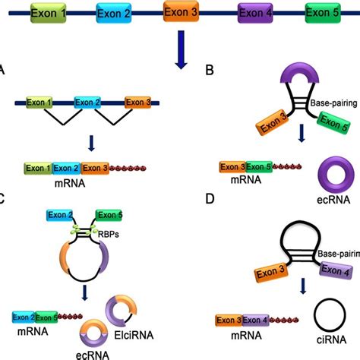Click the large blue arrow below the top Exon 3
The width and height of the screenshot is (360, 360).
tap(180, 53)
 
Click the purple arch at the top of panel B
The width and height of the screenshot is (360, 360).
tap(283, 79)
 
